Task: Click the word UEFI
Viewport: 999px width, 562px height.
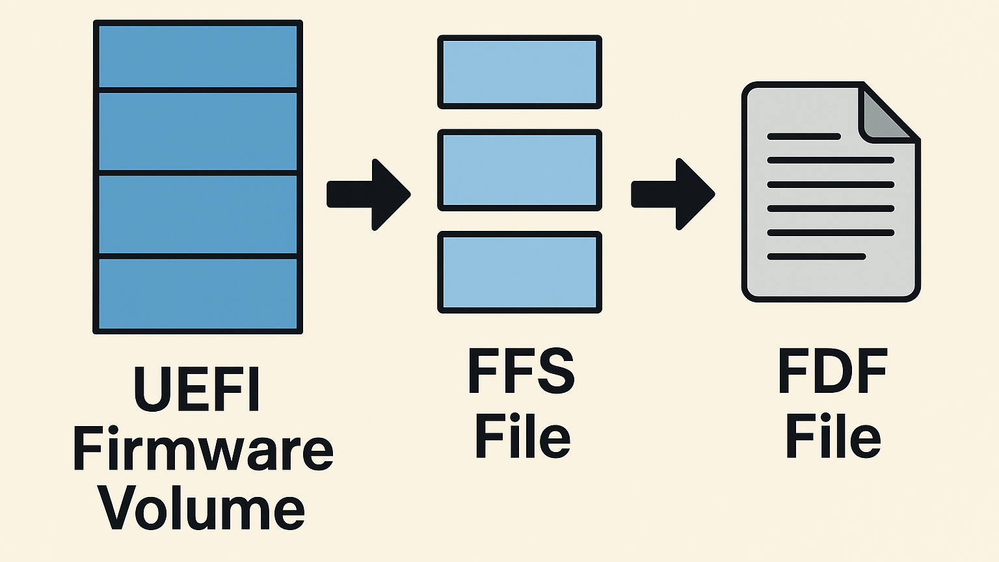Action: (x=197, y=390)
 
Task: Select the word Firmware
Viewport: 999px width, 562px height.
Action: (x=203, y=449)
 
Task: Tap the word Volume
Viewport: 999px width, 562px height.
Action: (x=201, y=507)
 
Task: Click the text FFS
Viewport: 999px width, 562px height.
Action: (x=522, y=371)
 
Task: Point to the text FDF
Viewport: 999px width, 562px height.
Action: (x=832, y=371)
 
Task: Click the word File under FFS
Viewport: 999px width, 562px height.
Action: (x=522, y=436)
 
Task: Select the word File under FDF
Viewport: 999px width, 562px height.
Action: (x=832, y=436)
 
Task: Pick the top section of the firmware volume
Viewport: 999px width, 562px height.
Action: (x=198, y=56)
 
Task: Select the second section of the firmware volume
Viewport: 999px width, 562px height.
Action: (x=198, y=132)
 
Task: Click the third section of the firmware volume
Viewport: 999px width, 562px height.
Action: (x=198, y=215)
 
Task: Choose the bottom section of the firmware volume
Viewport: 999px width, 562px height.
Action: (x=198, y=294)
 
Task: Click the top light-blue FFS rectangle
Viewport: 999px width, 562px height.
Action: (x=520, y=72)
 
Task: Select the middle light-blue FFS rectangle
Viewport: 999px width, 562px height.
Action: (x=520, y=170)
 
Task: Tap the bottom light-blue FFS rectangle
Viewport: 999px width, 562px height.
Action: (x=520, y=272)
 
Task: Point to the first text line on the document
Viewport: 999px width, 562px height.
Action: (x=804, y=137)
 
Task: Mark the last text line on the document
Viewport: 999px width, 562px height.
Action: (x=816, y=257)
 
